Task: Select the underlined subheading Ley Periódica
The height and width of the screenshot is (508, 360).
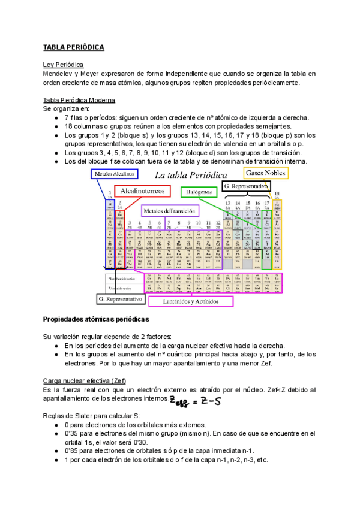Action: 64,64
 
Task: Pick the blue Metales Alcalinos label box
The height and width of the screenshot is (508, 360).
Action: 114,174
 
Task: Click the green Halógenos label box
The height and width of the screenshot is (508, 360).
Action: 199,192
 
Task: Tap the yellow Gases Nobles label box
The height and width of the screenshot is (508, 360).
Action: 266,173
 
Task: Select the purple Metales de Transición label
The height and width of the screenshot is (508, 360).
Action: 170,211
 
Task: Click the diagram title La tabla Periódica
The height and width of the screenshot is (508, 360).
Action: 191,175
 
